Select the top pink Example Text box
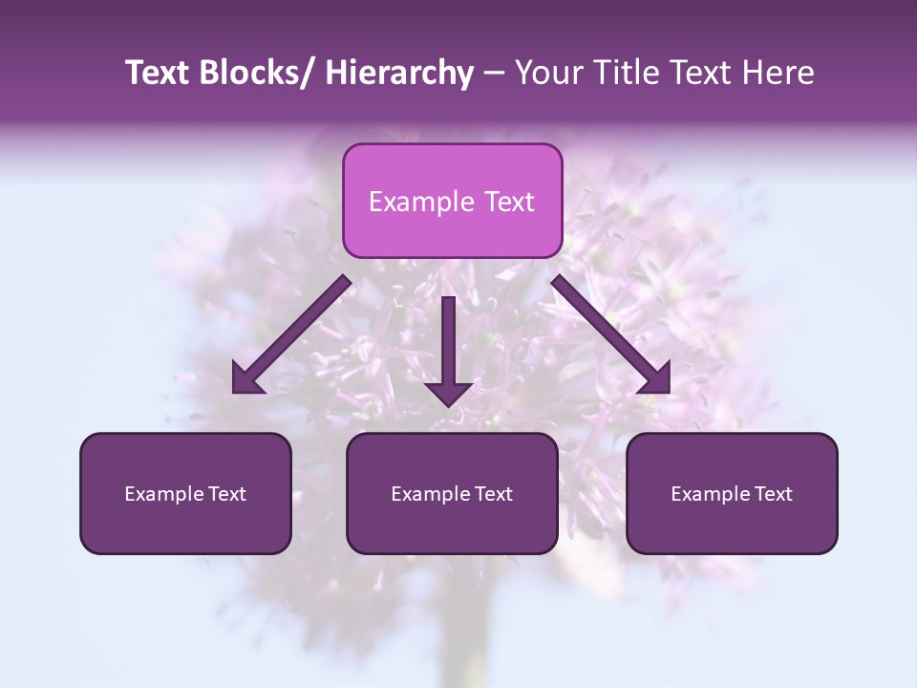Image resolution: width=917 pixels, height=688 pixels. tap(452, 201)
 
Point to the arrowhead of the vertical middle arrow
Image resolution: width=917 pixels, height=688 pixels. tap(449, 393)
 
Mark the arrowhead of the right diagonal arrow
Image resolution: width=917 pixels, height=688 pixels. tap(657, 380)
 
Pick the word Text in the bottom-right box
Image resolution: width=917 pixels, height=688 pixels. tap(774, 494)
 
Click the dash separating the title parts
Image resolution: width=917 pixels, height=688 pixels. tap(494, 74)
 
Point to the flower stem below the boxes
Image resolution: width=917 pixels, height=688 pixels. tap(468, 631)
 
